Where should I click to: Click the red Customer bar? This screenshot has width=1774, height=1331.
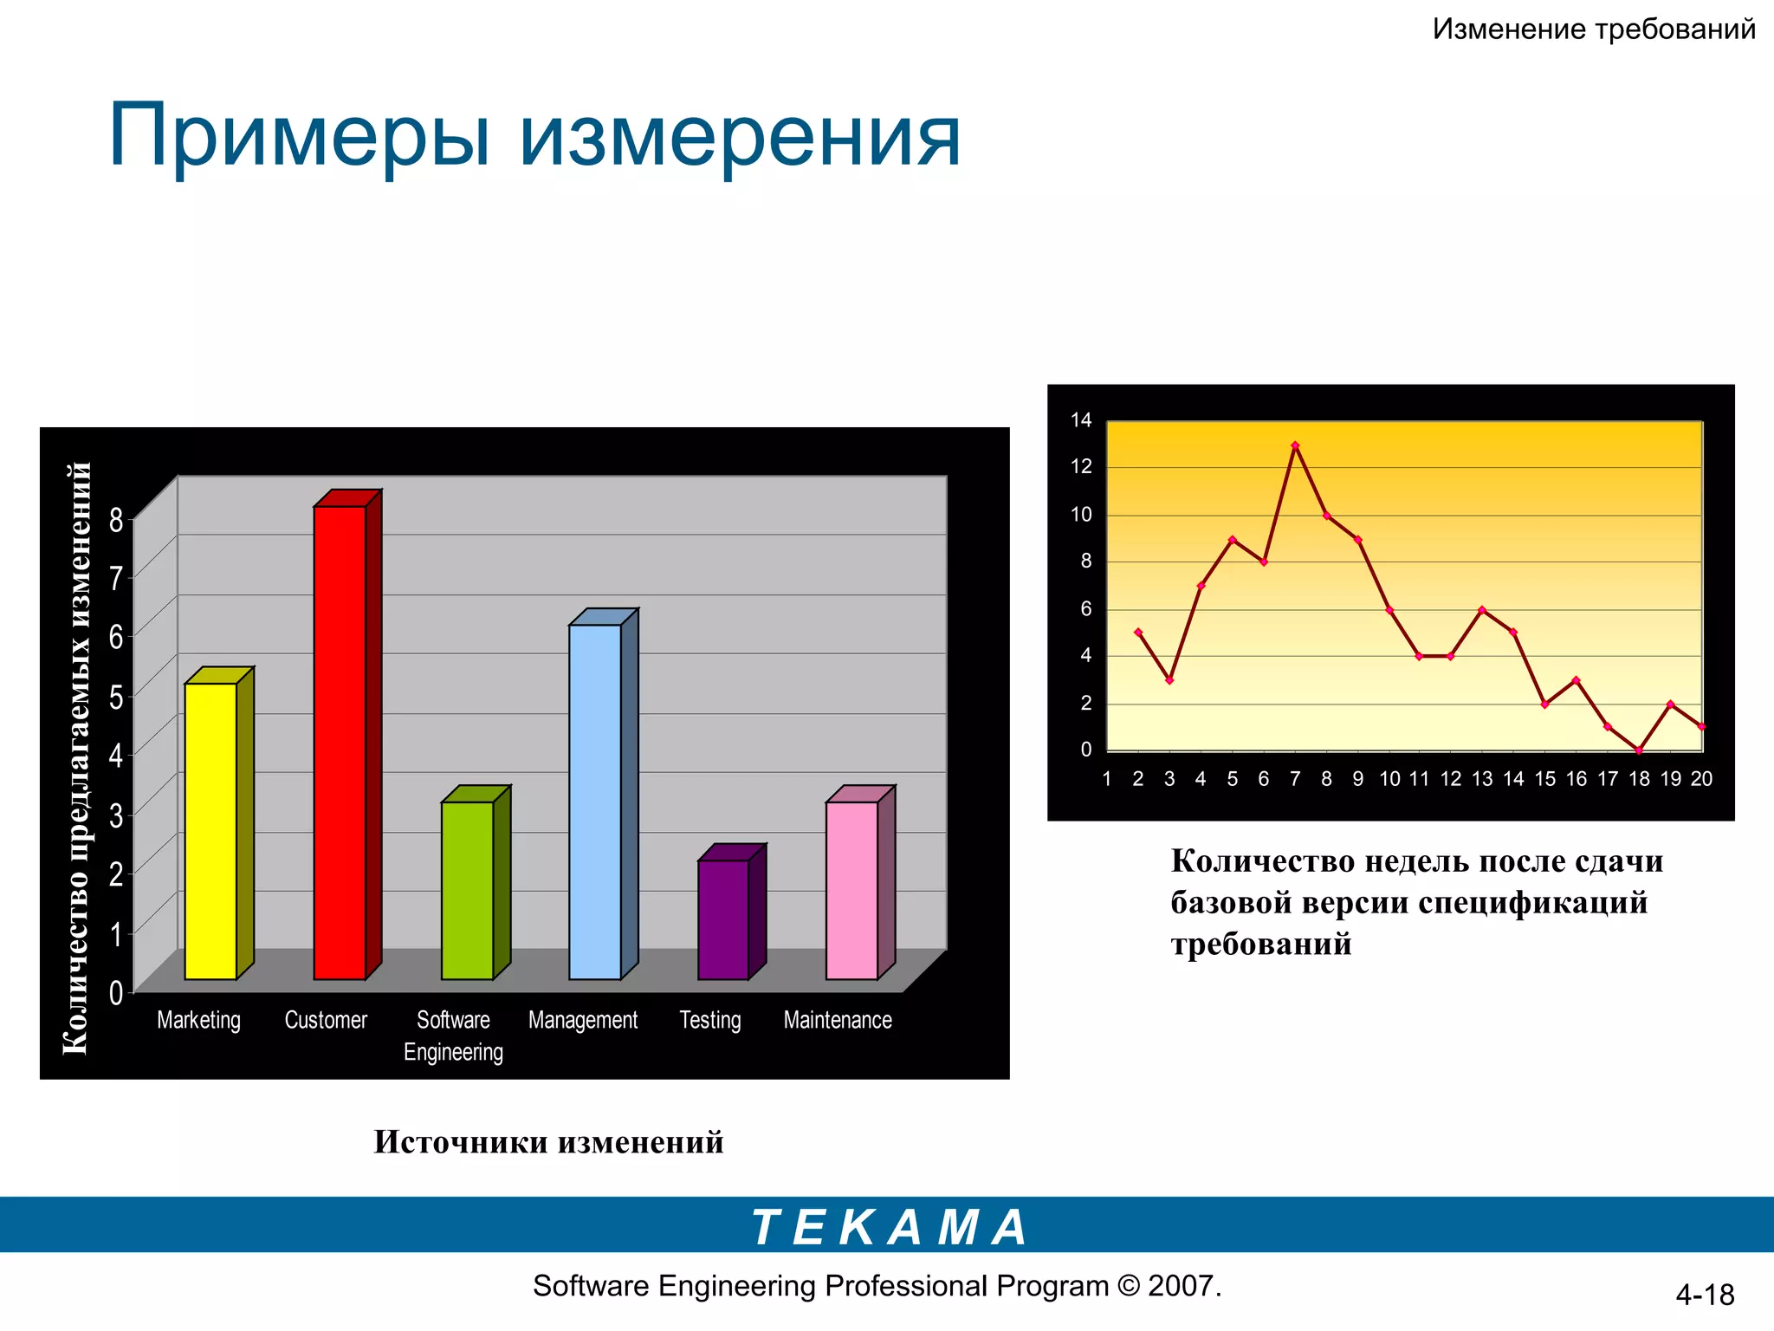pyautogui.click(x=340, y=743)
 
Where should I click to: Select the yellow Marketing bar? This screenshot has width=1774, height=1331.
pyautogui.click(x=210, y=831)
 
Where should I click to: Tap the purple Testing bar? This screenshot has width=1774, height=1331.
pyautogui.click(x=723, y=919)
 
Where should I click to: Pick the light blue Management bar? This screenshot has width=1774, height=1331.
pyautogui.click(x=595, y=802)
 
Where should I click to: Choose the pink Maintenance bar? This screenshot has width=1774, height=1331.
pyautogui.click(x=851, y=890)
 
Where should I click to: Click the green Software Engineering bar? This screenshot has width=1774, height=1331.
pyautogui.click(x=467, y=890)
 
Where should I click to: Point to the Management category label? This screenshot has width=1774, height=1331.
pyautogui.click(x=582, y=1021)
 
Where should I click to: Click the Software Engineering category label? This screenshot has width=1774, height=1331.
pyautogui.click(x=453, y=1036)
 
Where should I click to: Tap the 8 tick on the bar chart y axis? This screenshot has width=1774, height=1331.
pyautogui.click(x=116, y=520)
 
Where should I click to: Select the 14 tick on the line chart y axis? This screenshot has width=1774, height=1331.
pyautogui.click(x=1081, y=421)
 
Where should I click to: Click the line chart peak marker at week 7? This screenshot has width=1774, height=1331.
pyautogui.click(x=1295, y=445)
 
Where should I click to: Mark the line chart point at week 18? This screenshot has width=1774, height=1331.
pyautogui.click(x=1639, y=750)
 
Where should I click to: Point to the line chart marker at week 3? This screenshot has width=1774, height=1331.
pyautogui.click(x=1169, y=680)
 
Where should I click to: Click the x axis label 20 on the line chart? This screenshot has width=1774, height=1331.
pyautogui.click(x=1701, y=779)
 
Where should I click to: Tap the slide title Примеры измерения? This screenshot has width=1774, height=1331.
pyautogui.click(x=534, y=136)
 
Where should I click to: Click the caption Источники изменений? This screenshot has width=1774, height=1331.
pyautogui.click(x=548, y=1142)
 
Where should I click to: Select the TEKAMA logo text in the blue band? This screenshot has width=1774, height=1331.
pyautogui.click(x=889, y=1227)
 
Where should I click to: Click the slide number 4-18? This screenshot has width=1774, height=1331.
pyautogui.click(x=1704, y=1295)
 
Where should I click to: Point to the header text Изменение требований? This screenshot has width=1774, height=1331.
pyautogui.click(x=1593, y=29)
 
